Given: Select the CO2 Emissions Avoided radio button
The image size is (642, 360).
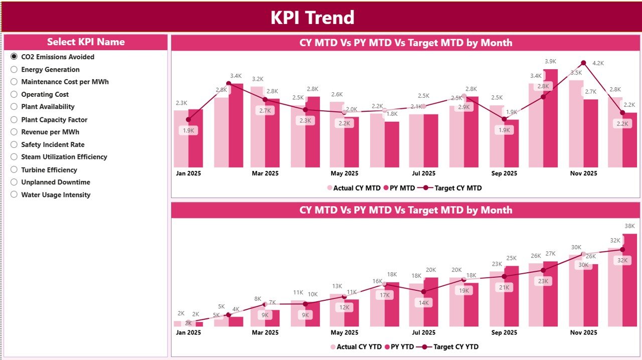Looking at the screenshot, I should [x=14, y=57].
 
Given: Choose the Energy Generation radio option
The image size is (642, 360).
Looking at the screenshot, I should [x=14, y=70].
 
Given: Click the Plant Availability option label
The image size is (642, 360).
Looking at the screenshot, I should [x=48, y=107].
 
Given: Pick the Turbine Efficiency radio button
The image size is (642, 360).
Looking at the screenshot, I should [x=14, y=170].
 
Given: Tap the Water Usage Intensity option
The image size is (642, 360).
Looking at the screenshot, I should [x=55, y=195].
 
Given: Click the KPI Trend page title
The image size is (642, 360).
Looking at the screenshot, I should [x=312, y=18].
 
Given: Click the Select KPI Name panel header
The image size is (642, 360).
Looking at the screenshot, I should [x=86, y=42].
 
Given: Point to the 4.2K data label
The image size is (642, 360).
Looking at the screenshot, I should [x=598, y=64].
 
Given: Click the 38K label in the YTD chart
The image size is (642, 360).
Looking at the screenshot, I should [x=629, y=226].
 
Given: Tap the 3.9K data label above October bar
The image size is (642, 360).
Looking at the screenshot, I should [x=550, y=62].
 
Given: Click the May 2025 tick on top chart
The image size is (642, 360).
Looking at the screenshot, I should [x=345, y=173].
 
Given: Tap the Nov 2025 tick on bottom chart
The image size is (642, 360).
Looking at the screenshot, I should [x=584, y=332].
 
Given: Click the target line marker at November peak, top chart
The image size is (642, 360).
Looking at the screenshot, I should [x=583, y=63].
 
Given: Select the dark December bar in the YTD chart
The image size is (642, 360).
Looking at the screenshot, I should [x=629, y=281].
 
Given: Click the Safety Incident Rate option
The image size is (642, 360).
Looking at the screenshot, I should [x=53, y=144].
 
